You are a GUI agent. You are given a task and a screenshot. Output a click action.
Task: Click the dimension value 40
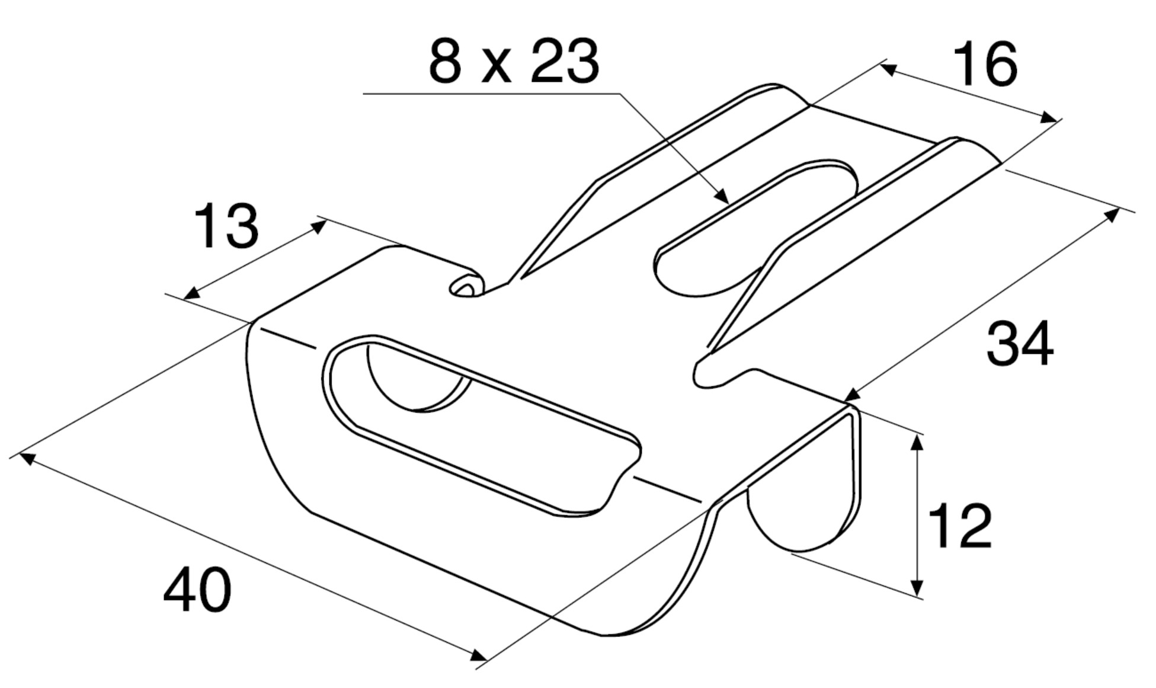click(197, 590)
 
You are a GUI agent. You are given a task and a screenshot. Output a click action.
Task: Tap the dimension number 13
click(226, 226)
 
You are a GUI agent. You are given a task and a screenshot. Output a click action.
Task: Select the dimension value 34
click(1019, 344)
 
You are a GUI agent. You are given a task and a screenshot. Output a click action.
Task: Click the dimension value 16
click(985, 65)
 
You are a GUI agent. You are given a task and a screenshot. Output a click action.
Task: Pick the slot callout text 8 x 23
click(513, 62)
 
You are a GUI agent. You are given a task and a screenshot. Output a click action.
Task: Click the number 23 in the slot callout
click(564, 62)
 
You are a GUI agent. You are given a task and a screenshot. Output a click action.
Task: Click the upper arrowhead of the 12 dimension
click(916, 441)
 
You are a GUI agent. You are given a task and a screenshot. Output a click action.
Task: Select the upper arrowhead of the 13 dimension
click(320, 226)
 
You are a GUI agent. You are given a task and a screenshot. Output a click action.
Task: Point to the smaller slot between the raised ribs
click(752, 231)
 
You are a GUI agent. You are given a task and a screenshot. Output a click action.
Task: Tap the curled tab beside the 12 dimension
click(800, 510)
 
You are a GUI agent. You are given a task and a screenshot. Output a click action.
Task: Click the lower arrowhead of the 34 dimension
click(851, 395)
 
